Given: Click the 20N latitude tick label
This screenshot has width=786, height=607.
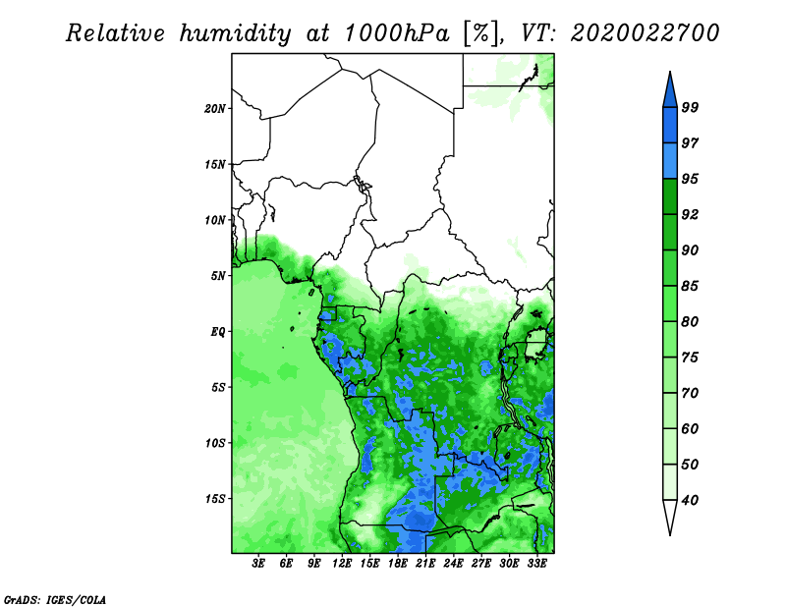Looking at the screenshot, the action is click(x=215, y=109).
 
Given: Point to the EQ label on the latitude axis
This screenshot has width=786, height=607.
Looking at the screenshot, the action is click(x=217, y=332).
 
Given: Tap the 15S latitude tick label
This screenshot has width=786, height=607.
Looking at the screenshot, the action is click(x=215, y=499).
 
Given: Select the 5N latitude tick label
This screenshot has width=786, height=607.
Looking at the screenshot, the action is click(x=218, y=276).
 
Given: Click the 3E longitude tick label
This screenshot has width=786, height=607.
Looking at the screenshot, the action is click(x=258, y=563).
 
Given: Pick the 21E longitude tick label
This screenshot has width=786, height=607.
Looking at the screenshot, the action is click(x=425, y=563).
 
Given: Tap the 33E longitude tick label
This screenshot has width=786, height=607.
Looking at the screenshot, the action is click(x=536, y=563).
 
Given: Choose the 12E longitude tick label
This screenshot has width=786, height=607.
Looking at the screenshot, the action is click(x=342, y=563).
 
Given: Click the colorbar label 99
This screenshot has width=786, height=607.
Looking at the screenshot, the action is click(x=690, y=108).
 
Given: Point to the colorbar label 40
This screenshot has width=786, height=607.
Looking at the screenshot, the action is click(x=690, y=500).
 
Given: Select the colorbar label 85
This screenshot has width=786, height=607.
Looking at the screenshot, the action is click(x=690, y=286).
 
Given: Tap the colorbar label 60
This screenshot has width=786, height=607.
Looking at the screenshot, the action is click(x=690, y=429).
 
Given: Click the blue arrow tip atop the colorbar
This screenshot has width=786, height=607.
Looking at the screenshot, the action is click(x=670, y=72).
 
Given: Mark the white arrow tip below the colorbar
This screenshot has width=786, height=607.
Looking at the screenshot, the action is click(x=670, y=534).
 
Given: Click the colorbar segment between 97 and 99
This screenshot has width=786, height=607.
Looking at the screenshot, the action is click(x=670, y=126).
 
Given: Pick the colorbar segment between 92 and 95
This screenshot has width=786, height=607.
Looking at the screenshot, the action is click(x=670, y=196).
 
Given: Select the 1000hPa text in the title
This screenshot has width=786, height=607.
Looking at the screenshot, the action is click(x=397, y=33).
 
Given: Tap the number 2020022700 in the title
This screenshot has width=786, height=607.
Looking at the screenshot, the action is click(x=646, y=33).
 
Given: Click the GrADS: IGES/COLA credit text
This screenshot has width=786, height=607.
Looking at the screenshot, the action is click(x=55, y=600).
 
